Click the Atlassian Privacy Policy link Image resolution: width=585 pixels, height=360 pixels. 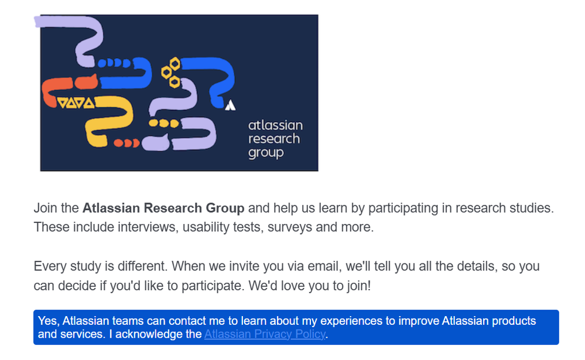265,334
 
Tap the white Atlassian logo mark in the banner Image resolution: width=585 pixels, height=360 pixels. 230,105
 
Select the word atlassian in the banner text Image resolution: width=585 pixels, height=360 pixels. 275,125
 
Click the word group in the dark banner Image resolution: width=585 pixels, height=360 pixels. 266,153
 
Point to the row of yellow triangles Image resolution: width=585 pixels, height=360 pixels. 76,102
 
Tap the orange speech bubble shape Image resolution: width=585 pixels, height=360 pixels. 86,82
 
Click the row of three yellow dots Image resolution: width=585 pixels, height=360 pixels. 164,123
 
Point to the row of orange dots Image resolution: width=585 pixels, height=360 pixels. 126,143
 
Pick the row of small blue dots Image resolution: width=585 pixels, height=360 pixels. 114,63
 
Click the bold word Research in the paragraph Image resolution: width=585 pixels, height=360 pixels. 173,208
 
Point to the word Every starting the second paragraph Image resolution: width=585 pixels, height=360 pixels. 47,266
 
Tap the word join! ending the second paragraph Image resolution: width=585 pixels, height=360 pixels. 359,286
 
